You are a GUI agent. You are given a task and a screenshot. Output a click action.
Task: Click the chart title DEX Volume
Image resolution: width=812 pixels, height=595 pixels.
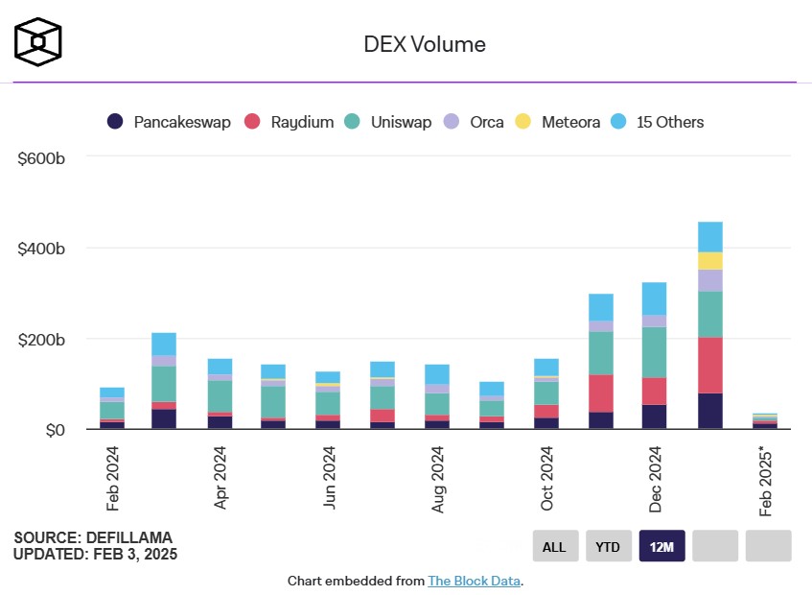[x=424, y=44]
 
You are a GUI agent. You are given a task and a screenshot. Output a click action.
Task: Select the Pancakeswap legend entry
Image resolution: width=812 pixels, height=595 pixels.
[x=169, y=122]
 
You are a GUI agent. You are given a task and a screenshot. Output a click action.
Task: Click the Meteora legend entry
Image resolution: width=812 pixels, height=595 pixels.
[x=558, y=122]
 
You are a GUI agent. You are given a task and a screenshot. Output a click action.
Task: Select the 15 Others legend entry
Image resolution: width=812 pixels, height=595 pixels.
[x=658, y=122]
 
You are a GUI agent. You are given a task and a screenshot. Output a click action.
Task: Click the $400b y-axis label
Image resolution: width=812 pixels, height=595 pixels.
[x=41, y=249]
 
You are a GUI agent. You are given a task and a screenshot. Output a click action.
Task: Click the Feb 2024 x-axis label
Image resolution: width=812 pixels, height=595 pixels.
[x=112, y=478]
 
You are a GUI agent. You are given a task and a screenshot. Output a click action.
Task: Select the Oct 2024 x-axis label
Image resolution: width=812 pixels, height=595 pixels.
[x=547, y=478]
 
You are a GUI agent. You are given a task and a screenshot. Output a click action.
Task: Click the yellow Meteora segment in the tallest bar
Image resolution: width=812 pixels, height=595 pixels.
[x=710, y=261]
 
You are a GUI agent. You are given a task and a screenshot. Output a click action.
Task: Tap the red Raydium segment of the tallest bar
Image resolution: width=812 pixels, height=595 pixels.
[x=710, y=365]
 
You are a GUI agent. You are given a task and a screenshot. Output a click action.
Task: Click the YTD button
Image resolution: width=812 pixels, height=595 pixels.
[x=608, y=546]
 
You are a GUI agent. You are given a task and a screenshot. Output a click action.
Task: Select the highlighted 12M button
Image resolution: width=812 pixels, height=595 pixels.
[x=661, y=546]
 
